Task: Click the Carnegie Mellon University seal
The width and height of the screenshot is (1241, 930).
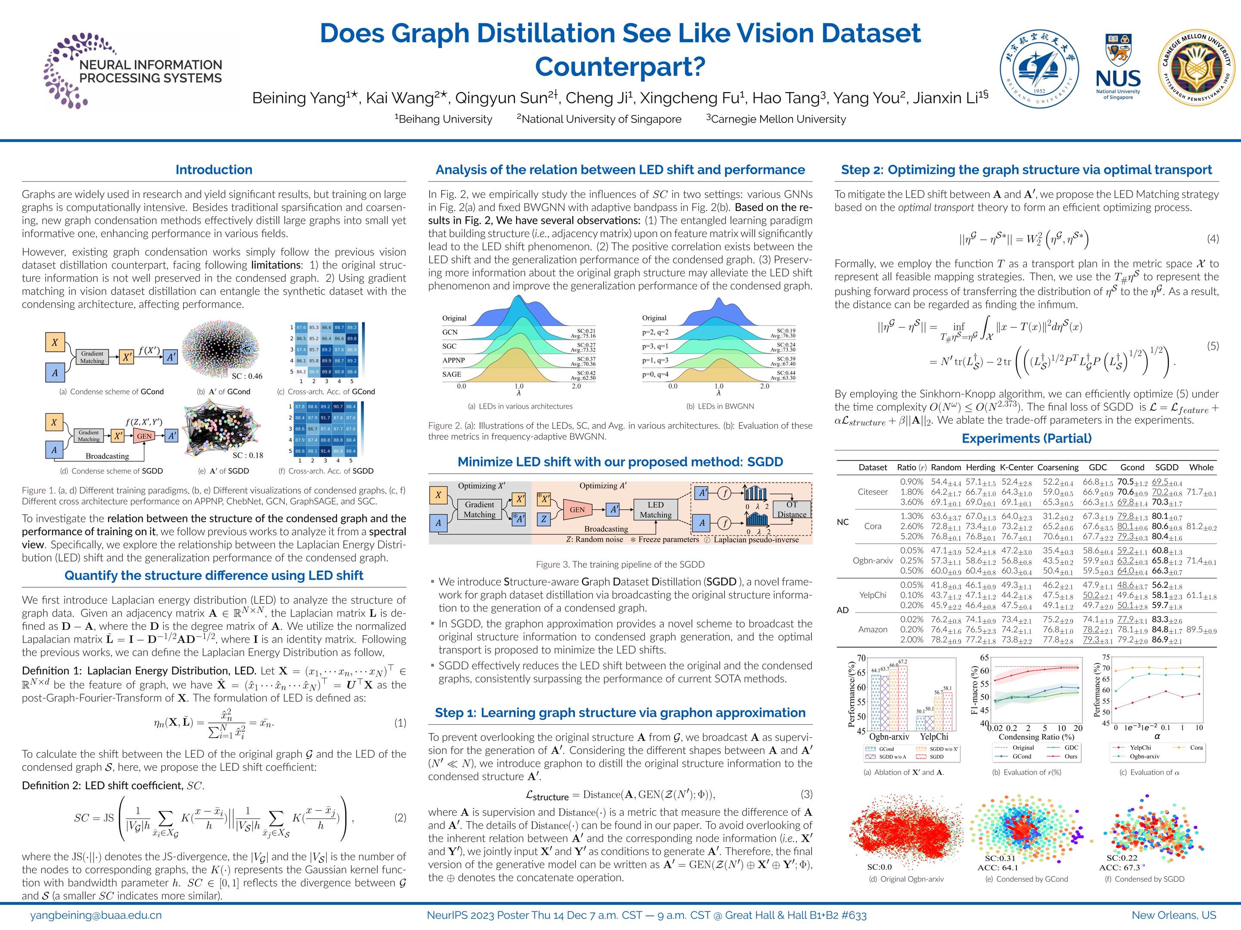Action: point(1195,69)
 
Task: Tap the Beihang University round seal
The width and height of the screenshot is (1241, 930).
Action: point(1040,69)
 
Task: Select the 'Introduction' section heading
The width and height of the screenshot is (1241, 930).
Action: point(214,170)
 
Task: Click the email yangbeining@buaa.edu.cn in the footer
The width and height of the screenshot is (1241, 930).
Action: point(96,915)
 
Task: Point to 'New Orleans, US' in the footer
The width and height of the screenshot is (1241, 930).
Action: point(1174,915)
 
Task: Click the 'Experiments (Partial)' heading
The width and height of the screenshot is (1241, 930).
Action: point(1027,438)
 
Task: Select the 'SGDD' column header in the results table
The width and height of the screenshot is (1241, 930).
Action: point(1167,468)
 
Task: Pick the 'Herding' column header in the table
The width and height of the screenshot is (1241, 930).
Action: point(980,468)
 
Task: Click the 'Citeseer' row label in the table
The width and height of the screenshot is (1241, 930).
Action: point(873,492)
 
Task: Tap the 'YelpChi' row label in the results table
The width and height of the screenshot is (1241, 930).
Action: point(873,595)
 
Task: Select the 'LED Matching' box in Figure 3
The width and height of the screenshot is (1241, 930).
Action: point(655,510)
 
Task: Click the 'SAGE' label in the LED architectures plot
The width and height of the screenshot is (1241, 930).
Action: point(452,374)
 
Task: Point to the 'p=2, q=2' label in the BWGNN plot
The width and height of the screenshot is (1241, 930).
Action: point(655,332)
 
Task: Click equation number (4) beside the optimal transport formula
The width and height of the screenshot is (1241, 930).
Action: point(1213,239)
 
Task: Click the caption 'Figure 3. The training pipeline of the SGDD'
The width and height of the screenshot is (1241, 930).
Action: point(620,564)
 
